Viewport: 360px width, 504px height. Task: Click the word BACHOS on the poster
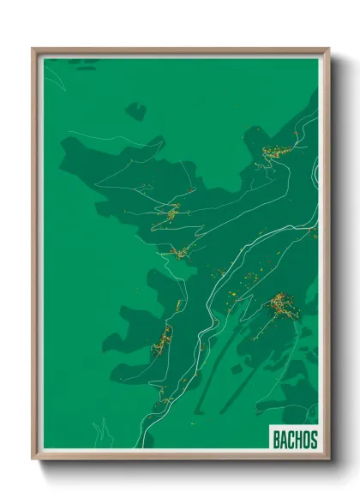click(x=295, y=440)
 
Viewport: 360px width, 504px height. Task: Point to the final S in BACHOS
click(x=314, y=440)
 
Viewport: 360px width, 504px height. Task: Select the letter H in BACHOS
click(x=299, y=440)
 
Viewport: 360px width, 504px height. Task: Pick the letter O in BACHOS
click(x=307, y=440)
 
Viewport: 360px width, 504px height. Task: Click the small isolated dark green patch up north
click(x=135, y=110)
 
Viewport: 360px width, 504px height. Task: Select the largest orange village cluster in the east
click(x=279, y=304)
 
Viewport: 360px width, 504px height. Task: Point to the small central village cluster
click(x=178, y=252)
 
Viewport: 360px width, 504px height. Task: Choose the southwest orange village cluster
click(x=161, y=343)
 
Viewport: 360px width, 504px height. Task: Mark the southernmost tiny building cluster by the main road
click(x=164, y=395)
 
